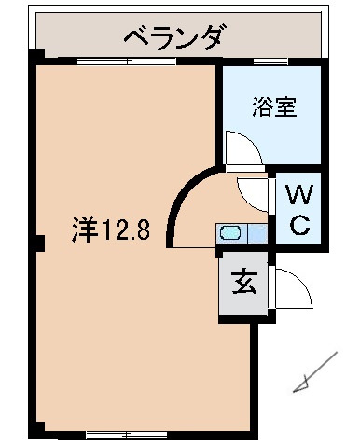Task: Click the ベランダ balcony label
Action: (x=174, y=38)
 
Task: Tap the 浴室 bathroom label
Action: (x=273, y=106)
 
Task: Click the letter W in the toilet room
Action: (x=298, y=196)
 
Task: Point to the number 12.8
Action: (x=124, y=230)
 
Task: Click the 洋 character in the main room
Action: (x=84, y=230)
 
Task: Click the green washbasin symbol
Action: (x=229, y=234)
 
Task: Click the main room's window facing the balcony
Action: (x=126, y=63)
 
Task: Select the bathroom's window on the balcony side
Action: (x=270, y=63)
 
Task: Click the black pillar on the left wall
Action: (x=38, y=245)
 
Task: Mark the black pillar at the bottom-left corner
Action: (x=37, y=430)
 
